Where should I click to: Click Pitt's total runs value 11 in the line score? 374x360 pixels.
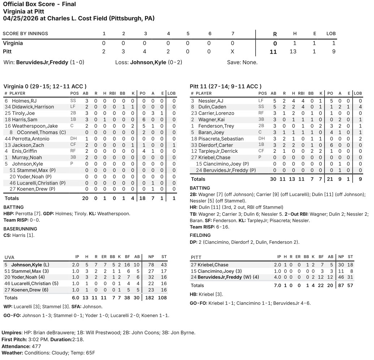(x=273, y=52)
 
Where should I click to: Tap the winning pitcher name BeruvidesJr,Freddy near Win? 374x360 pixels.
(x=42, y=62)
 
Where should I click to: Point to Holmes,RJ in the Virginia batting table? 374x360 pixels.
(x=24, y=101)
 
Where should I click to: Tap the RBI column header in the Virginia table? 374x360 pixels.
(x=114, y=93)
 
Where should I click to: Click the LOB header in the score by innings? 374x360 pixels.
(x=331, y=34)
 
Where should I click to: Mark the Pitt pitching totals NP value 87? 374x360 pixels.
(x=340, y=285)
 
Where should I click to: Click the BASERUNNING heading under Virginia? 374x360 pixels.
(x=20, y=229)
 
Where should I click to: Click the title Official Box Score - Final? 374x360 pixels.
(x=39, y=4)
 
